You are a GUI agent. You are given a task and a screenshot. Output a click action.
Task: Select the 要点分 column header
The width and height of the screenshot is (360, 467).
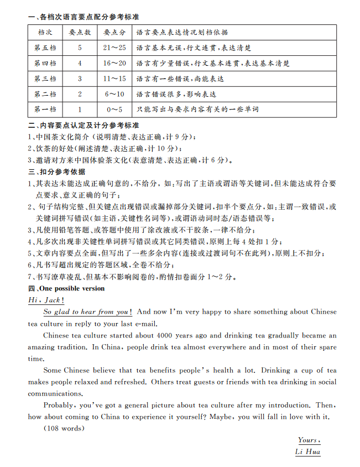[x=114, y=33]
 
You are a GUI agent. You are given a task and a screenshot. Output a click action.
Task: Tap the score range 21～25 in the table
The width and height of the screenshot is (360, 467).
[x=114, y=48]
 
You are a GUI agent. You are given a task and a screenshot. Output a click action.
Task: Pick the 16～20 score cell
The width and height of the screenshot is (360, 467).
[x=114, y=64]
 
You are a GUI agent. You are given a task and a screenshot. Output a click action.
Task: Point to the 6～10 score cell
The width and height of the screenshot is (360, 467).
[x=114, y=95]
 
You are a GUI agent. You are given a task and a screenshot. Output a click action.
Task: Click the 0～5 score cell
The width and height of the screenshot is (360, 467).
[x=114, y=110]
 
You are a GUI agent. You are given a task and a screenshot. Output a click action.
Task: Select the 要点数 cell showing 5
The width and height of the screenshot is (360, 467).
[x=80, y=48]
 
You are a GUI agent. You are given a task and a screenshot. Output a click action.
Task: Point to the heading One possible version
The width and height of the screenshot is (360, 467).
[x=71, y=289]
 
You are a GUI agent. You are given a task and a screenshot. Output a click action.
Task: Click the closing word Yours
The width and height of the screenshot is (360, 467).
[x=309, y=440]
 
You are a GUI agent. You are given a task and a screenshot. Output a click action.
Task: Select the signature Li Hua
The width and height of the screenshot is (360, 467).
[x=308, y=452]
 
